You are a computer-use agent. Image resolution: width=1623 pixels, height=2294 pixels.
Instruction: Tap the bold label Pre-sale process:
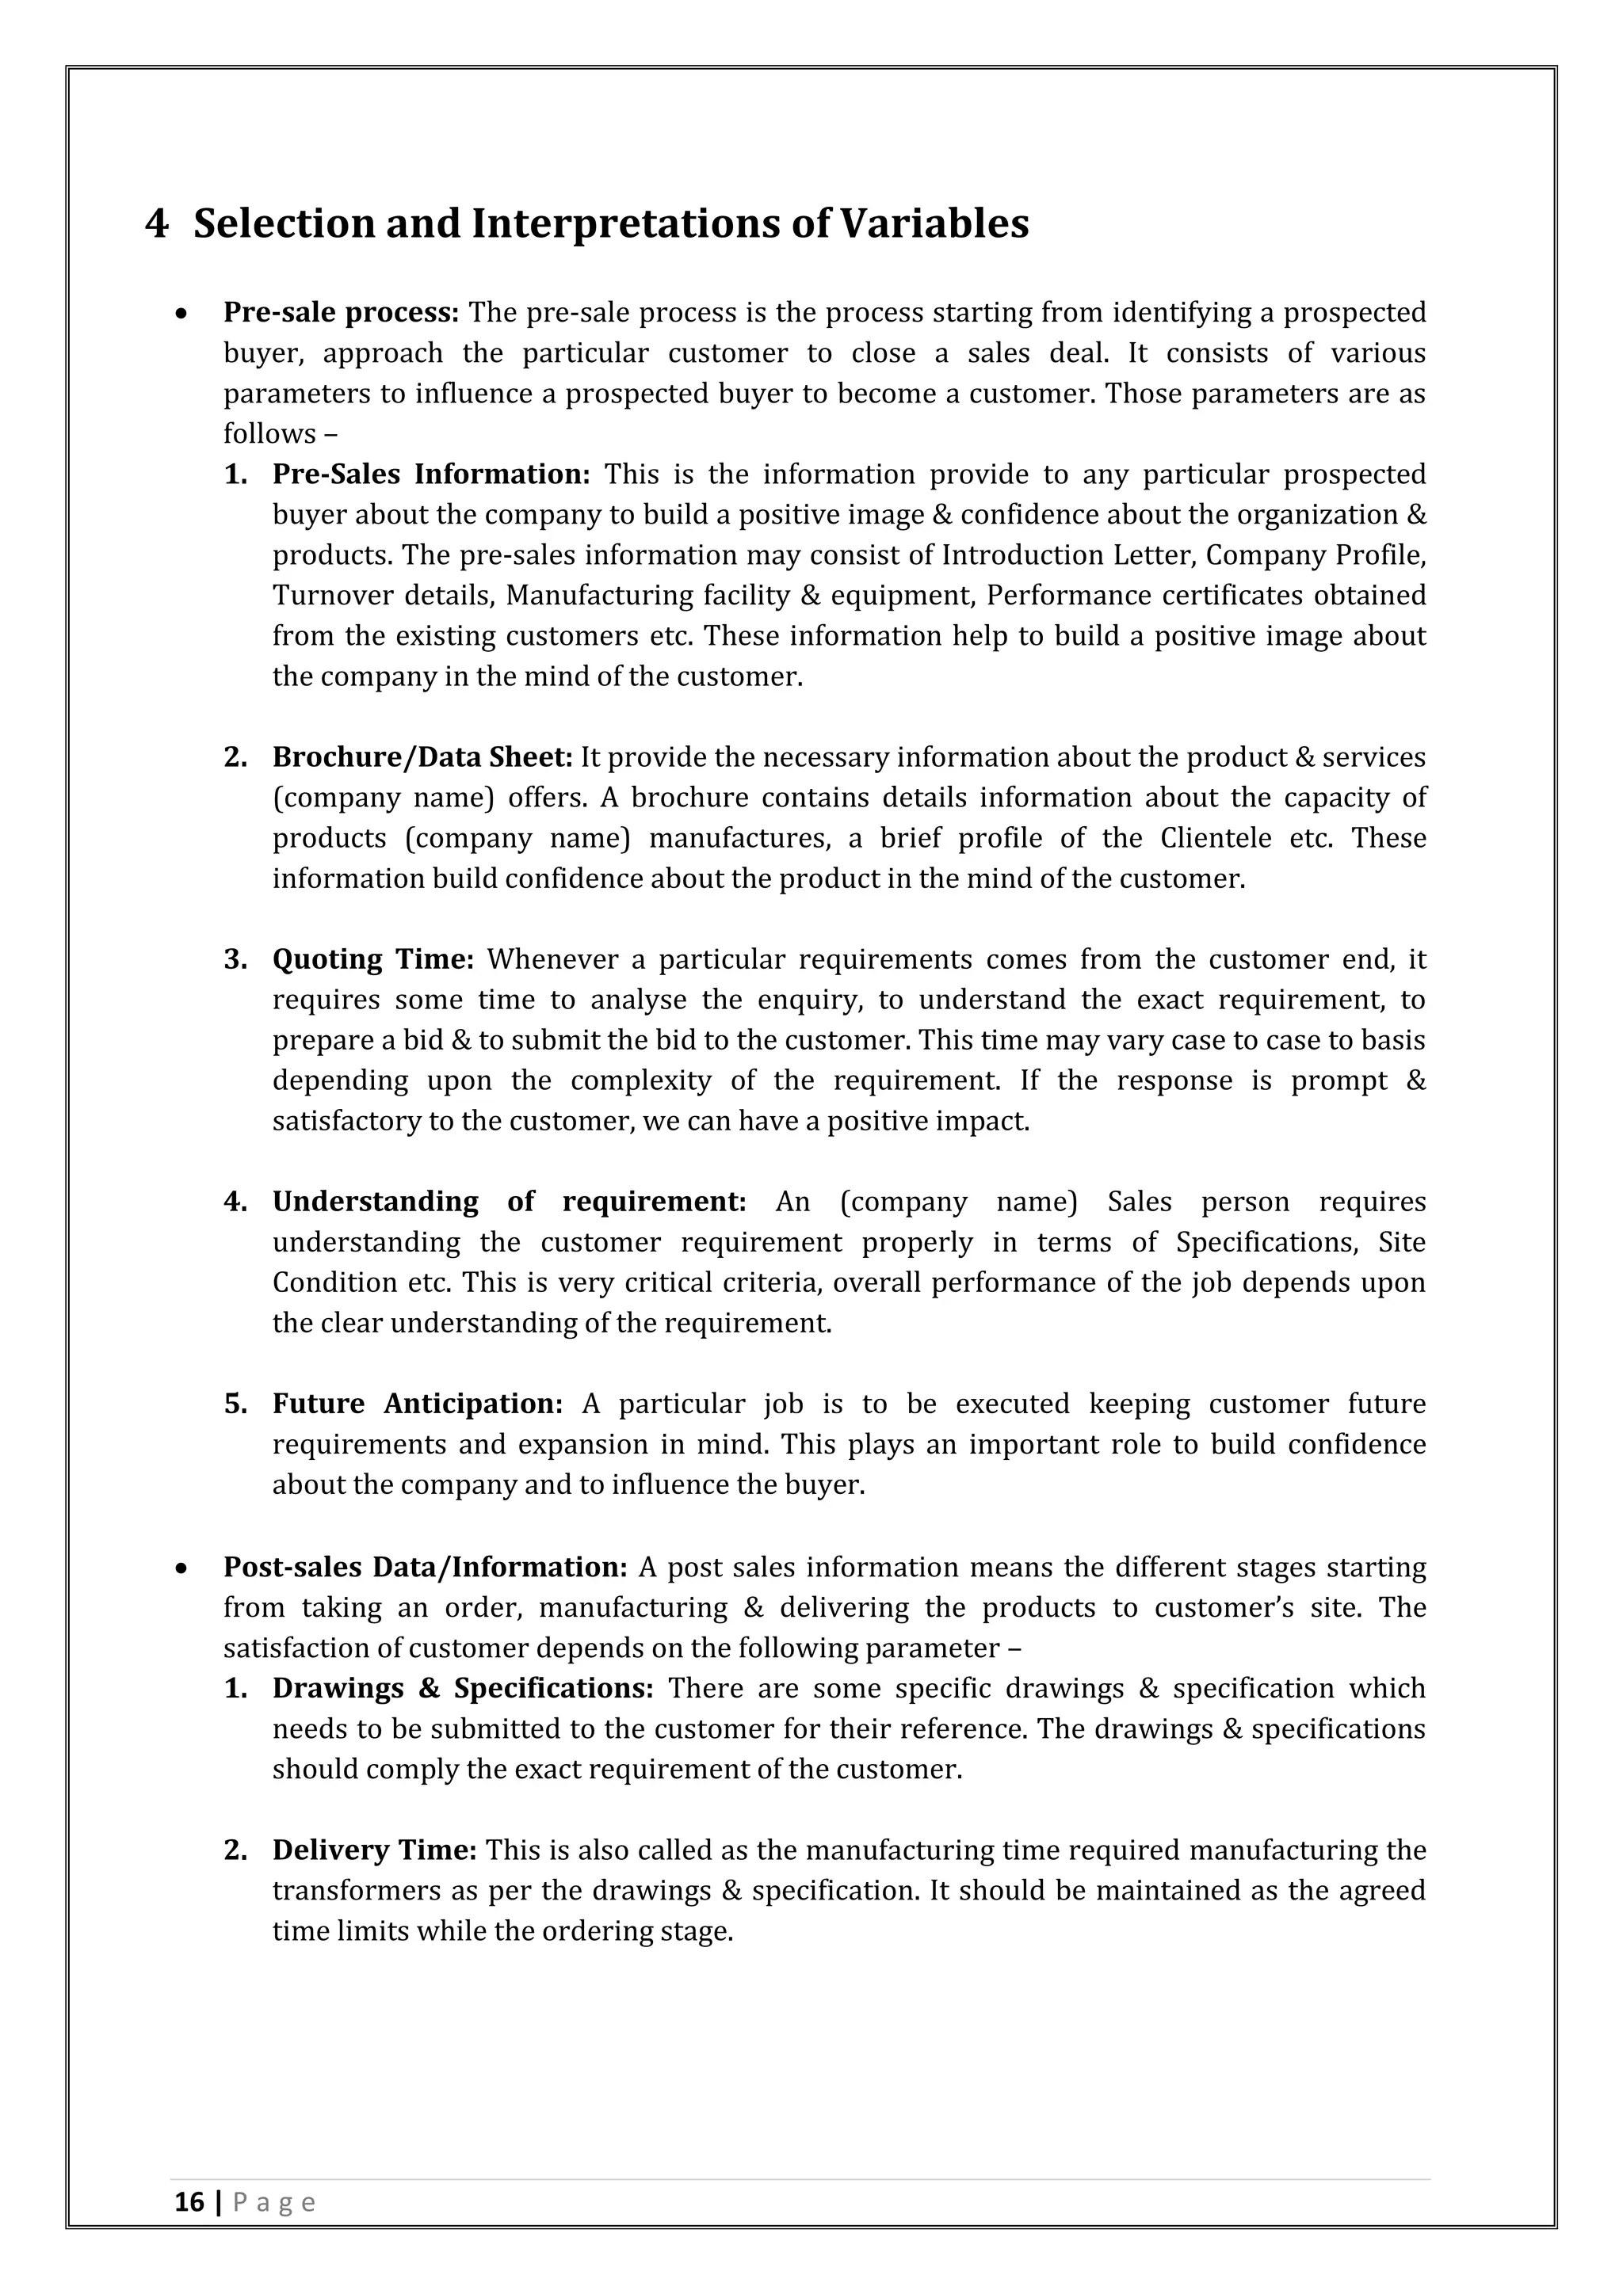[x=341, y=313]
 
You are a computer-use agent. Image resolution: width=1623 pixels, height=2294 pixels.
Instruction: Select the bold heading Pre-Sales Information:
[x=431, y=474]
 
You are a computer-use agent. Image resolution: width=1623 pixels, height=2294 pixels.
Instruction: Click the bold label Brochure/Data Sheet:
[x=422, y=757]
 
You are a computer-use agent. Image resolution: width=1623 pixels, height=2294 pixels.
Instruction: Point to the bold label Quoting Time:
[x=372, y=960]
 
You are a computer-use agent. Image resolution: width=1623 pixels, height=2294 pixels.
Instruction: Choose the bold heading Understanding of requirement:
[x=509, y=1202]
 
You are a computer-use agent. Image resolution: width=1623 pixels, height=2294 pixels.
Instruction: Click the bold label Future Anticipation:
[x=417, y=1404]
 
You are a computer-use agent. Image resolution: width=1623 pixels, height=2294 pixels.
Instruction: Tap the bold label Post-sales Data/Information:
[x=425, y=1567]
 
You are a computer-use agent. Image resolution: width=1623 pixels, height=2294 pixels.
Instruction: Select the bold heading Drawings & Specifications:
[x=463, y=1689]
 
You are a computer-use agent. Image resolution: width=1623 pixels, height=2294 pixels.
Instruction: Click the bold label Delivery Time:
[x=375, y=1850]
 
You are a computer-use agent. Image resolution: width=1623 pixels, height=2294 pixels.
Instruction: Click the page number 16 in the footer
[x=189, y=2230]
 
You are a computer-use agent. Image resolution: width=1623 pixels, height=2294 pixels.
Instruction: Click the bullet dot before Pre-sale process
[x=181, y=314]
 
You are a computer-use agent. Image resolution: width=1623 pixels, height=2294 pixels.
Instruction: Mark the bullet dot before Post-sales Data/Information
[x=181, y=1568]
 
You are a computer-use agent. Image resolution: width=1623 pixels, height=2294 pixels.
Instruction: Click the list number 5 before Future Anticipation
[x=235, y=1404]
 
